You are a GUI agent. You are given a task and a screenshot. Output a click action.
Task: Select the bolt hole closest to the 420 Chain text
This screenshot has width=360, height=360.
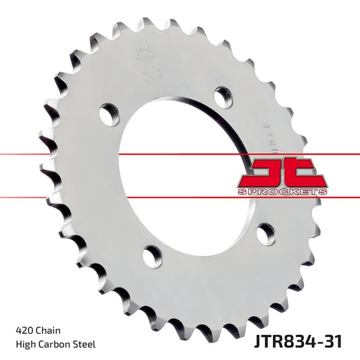point(153,257)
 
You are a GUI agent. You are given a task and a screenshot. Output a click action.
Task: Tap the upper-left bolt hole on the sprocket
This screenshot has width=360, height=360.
point(107,113)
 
